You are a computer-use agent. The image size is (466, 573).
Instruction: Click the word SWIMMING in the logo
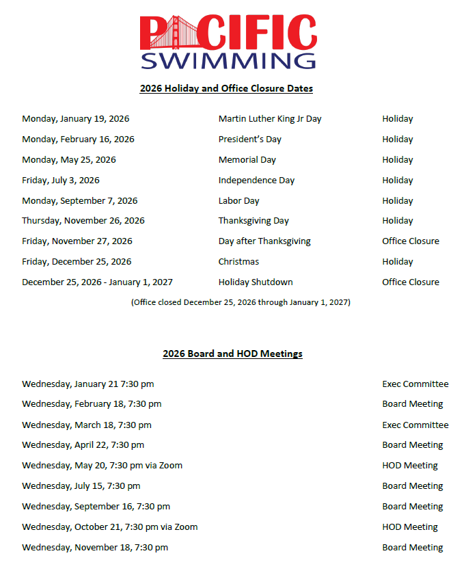coord(228,59)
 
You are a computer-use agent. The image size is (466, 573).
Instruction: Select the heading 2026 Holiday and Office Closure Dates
coord(226,88)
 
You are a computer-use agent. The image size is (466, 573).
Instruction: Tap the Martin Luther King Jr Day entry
coord(270,119)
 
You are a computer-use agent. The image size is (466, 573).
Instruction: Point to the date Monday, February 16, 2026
coord(78,139)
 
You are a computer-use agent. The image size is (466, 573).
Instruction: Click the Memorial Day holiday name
coord(247,160)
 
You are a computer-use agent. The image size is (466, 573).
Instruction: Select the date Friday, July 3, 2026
coord(61,181)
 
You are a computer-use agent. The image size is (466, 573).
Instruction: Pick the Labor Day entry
coord(238,201)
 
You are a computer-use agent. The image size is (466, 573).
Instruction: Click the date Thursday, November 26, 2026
coord(83,221)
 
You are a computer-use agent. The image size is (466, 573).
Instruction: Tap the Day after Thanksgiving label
coord(264,241)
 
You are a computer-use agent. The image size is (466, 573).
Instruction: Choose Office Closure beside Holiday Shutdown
coord(411,282)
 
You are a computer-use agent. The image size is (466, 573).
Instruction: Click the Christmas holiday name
coord(238,262)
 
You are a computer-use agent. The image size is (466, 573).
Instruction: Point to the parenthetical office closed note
coord(241,302)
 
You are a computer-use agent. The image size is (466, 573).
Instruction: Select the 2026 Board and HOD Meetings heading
coord(232,354)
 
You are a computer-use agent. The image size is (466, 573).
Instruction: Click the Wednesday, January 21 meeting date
coord(87,384)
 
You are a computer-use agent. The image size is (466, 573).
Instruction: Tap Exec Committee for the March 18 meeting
coord(415,425)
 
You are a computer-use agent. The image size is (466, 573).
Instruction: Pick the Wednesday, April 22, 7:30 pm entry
coord(83,445)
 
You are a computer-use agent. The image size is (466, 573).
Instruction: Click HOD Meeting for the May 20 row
coord(410,466)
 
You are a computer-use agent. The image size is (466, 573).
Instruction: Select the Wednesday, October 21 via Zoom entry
coord(109,527)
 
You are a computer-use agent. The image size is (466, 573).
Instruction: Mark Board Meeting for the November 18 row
coord(413,548)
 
